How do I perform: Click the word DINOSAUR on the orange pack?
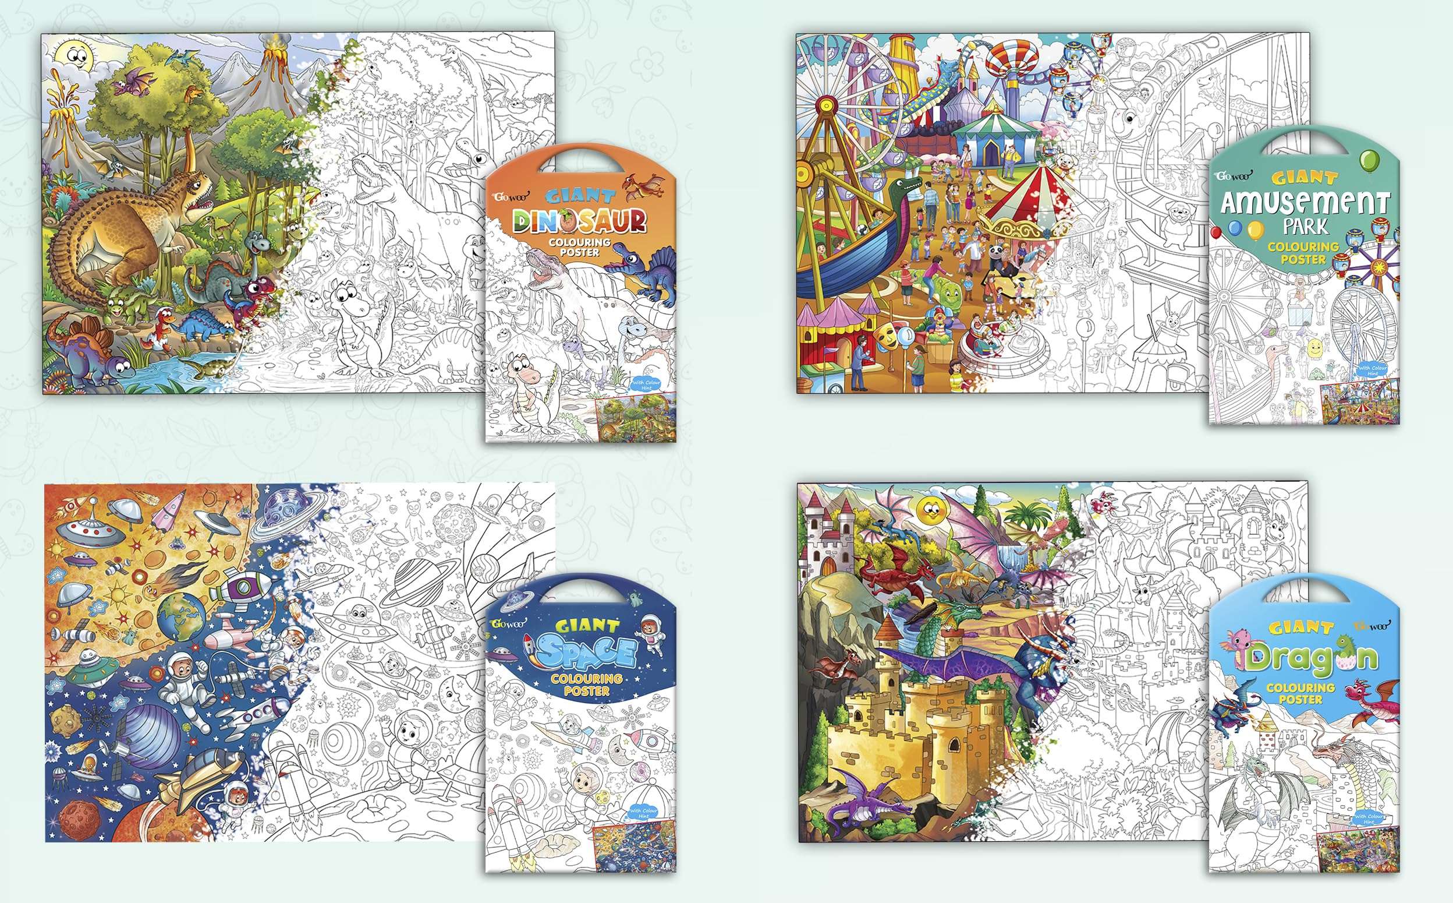579,223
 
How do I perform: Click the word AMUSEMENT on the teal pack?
1305,203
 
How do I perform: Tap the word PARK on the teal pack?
1305,227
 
